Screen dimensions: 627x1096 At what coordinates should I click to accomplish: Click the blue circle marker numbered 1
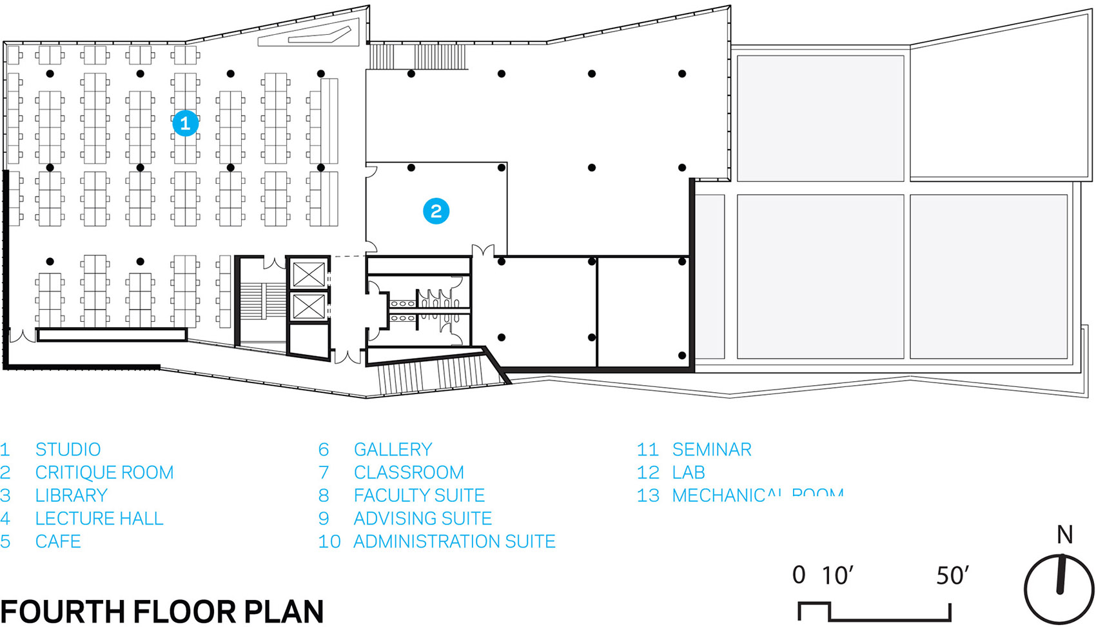point(185,123)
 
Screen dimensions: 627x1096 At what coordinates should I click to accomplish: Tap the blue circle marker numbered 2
point(436,211)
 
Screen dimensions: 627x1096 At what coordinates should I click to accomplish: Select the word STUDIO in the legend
point(68,449)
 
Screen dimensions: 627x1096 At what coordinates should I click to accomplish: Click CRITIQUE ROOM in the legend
point(104,472)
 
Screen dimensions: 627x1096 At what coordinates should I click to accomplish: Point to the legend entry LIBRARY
point(71,495)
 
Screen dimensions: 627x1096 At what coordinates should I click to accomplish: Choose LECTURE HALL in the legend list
point(99,519)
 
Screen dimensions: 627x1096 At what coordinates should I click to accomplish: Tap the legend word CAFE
point(58,541)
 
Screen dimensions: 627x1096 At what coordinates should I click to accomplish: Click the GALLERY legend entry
point(393,449)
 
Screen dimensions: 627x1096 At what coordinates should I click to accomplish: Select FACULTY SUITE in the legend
point(419,495)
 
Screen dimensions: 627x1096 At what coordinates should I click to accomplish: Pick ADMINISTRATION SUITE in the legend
point(454,541)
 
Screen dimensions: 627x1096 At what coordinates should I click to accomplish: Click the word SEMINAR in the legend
point(712,449)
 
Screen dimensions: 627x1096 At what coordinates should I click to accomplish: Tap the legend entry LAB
point(689,472)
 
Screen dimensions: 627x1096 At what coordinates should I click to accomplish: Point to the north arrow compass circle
point(1059,588)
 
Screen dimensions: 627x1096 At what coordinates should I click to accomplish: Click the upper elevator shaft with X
point(308,275)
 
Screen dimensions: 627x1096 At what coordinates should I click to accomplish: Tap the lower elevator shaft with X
point(308,307)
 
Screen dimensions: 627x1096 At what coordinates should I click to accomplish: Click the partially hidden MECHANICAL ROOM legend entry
point(757,495)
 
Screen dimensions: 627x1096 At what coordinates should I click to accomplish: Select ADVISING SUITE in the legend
point(422,519)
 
